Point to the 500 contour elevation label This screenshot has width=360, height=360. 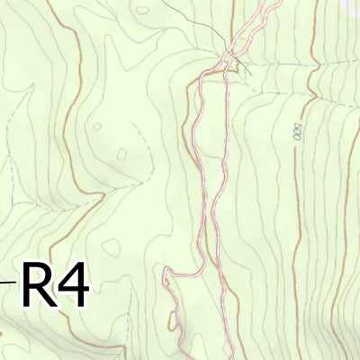[x=296, y=131]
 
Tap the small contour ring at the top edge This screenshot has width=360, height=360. [x=142, y=10]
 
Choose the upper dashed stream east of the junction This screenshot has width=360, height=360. [x=288, y=65]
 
